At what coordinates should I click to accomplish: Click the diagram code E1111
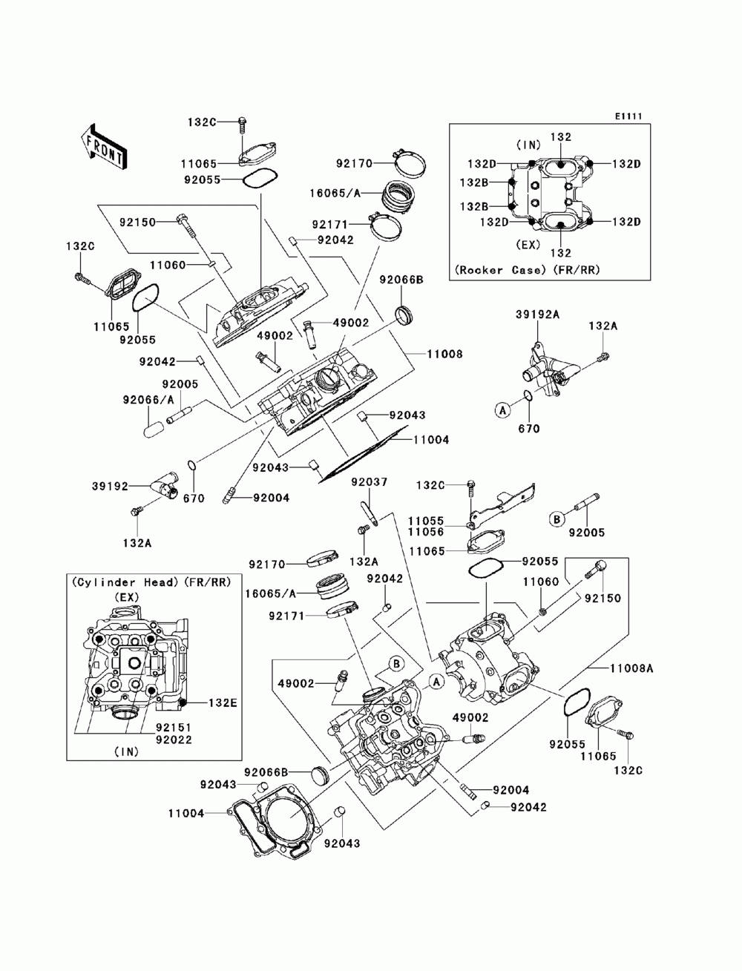pyautogui.click(x=628, y=116)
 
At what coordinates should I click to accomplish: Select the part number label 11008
pyautogui.click(x=444, y=354)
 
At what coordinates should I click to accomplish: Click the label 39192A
pyautogui.click(x=538, y=315)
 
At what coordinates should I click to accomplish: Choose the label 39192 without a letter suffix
pyautogui.click(x=110, y=486)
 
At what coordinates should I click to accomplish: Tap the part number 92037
pyautogui.click(x=370, y=481)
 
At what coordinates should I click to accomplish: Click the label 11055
pyautogui.click(x=426, y=521)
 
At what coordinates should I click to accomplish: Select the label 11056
pyautogui.click(x=426, y=531)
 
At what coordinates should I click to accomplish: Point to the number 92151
pyautogui.click(x=174, y=727)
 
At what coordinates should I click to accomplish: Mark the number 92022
pyautogui.click(x=174, y=740)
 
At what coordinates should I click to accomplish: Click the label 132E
pyautogui.click(x=223, y=702)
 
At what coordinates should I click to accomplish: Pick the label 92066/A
pyautogui.click(x=148, y=400)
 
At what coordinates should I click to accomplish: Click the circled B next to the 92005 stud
pyautogui.click(x=557, y=519)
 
